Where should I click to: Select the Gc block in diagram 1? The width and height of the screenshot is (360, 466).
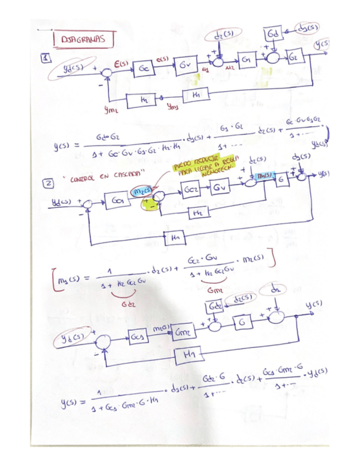click(x=145, y=69)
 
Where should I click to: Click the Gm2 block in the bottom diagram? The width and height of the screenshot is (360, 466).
click(x=181, y=332)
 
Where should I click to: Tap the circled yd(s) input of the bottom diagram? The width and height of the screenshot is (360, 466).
click(x=74, y=336)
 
